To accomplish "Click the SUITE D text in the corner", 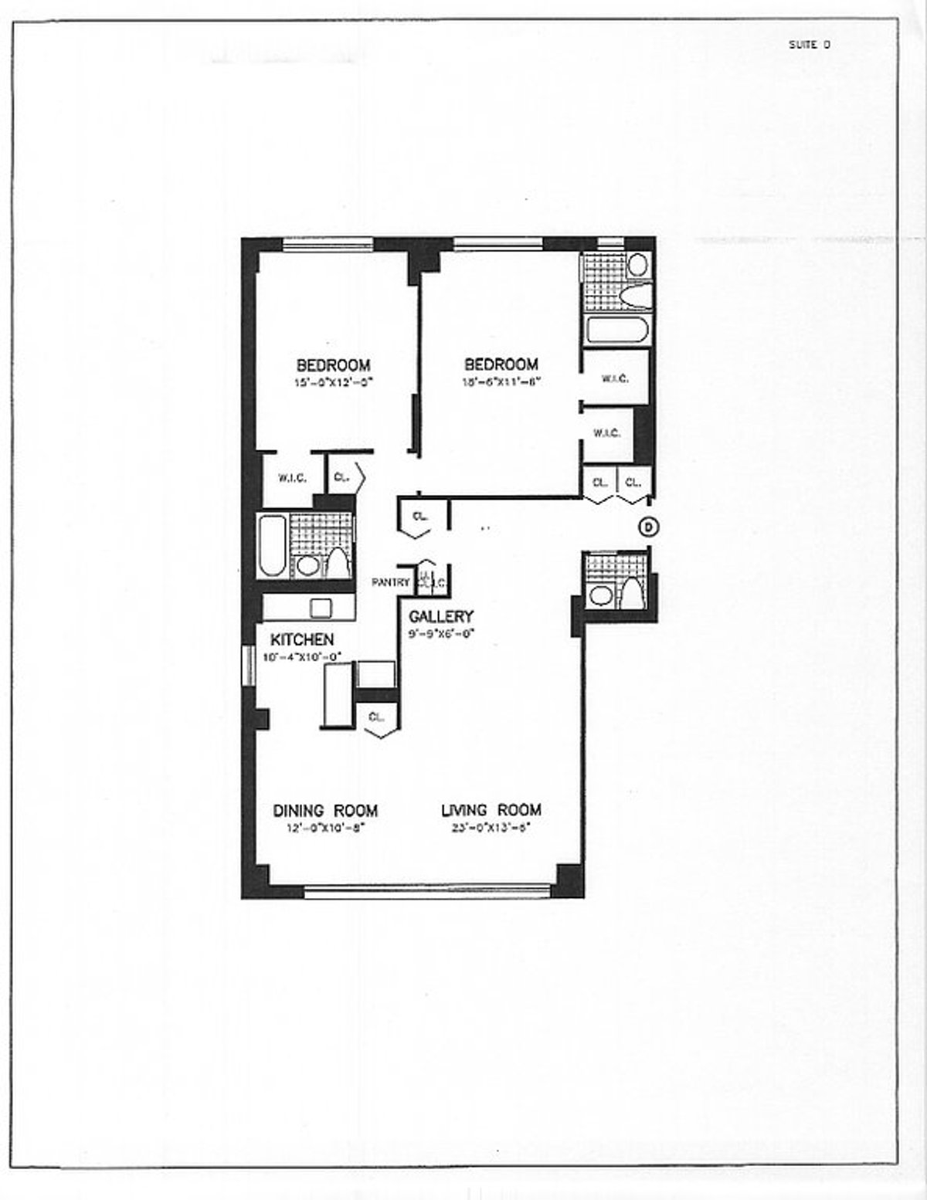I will point(809,45).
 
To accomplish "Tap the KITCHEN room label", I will point(302,639).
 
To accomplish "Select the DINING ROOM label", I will point(325,810).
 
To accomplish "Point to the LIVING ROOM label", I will point(491,810).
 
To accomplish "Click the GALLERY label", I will point(440,616).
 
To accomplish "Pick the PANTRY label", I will point(390,582).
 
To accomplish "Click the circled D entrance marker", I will point(649,527).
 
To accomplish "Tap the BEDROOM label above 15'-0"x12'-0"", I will point(333,364).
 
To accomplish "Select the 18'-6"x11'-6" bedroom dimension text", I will point(501,381).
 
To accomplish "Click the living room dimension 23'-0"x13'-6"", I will point(491,827).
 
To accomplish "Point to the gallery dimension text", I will point(440,633).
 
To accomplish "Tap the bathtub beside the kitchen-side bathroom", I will point(272,545).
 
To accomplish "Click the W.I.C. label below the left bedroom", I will point(292,479).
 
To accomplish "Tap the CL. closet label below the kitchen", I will point(376,717).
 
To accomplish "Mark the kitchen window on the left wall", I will point(248,666).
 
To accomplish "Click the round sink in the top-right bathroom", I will point(638,265).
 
